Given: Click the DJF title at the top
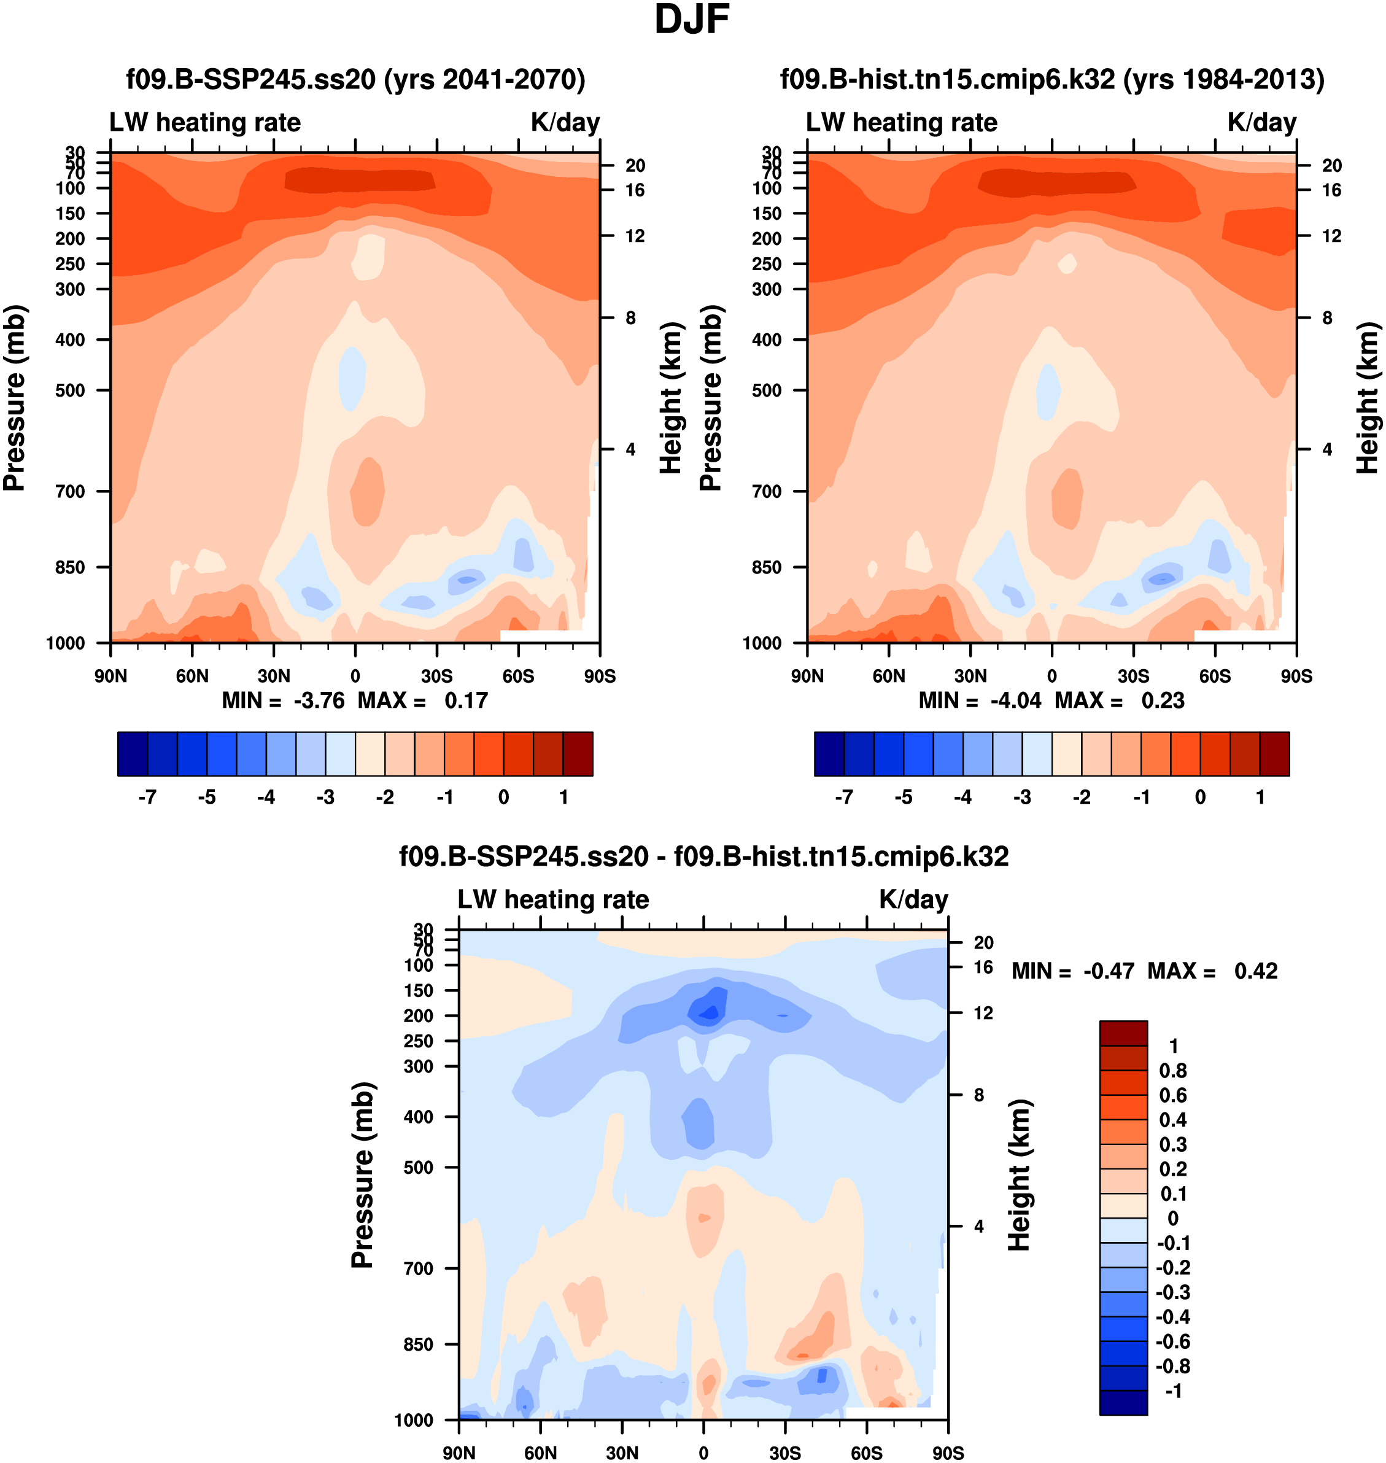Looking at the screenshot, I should [692, 20].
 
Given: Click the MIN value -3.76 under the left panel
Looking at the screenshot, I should [319, 700].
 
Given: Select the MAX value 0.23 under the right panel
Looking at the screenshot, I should [1163, 700].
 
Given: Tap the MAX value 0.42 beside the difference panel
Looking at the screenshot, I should [1256, 971].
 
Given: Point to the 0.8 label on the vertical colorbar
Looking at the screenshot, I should [1173, 1071].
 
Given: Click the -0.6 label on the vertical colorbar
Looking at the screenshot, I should [1172, 1341].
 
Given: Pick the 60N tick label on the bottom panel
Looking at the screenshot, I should [540, 1453].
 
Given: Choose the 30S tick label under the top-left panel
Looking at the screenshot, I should [436, 676].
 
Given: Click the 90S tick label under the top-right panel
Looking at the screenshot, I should [1296, 676].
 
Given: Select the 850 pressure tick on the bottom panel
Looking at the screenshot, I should [418, 1344].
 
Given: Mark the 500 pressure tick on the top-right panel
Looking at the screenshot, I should [767, 390].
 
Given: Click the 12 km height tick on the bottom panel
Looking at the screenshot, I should [983, 1013].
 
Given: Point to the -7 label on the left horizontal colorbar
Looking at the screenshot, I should [148, 797].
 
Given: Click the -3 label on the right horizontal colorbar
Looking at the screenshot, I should [1022, 797].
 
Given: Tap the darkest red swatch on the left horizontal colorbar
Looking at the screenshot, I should [578, 754].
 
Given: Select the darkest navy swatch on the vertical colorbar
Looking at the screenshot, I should [1123, 1402].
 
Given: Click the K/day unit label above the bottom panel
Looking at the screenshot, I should [913, 899].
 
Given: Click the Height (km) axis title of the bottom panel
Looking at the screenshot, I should [1020, 1175].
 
